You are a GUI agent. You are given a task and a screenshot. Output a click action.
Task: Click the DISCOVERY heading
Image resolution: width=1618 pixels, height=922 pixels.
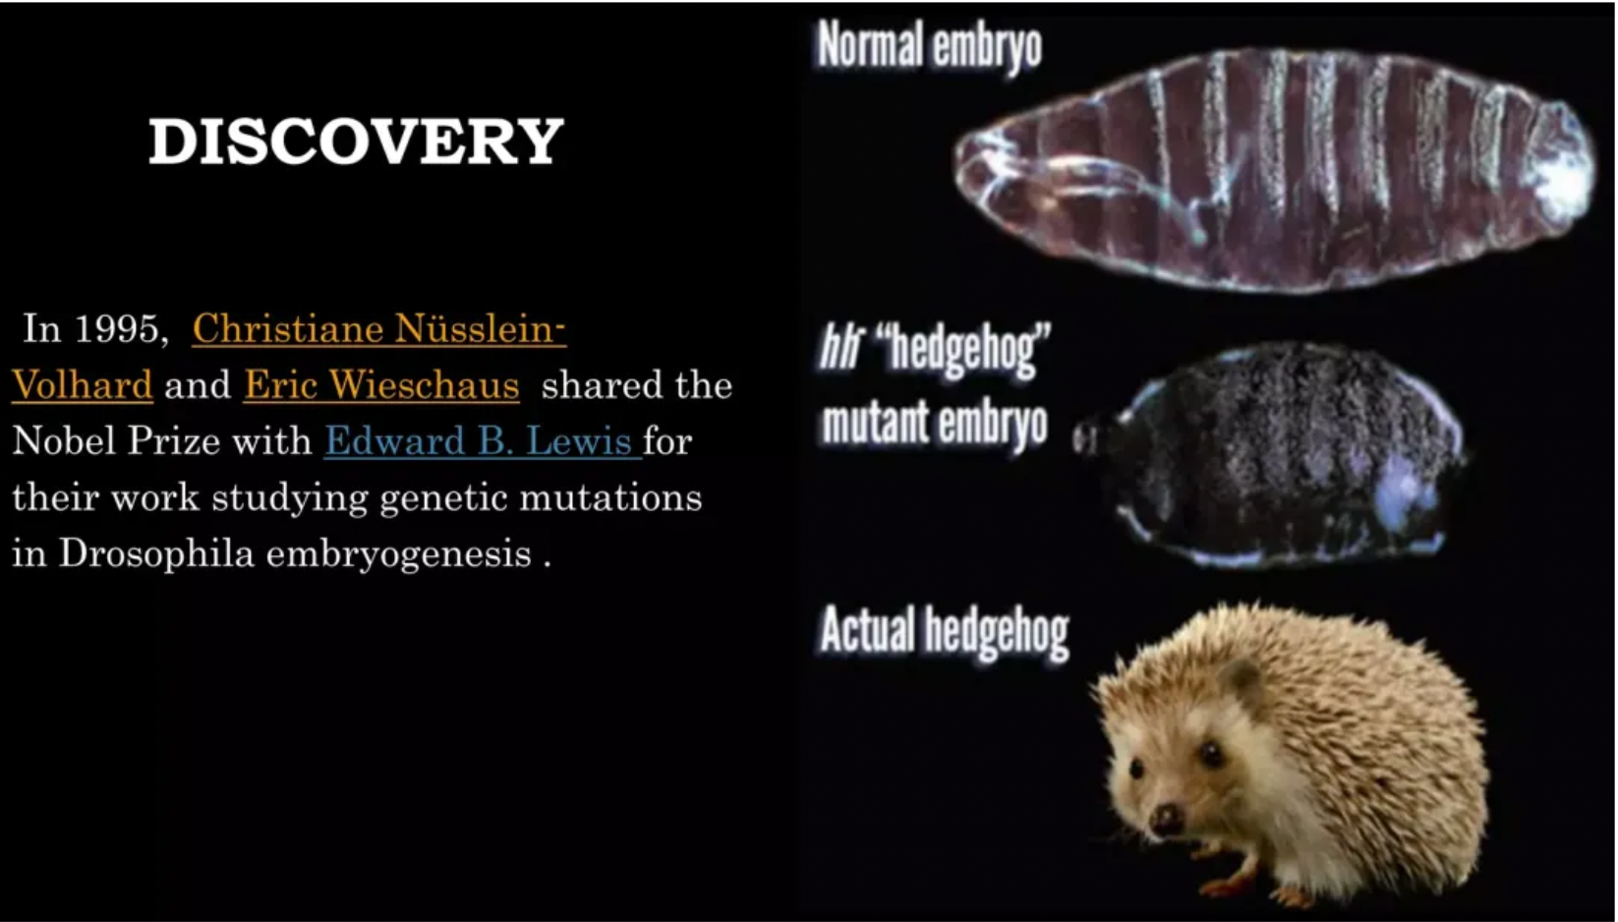tap(356, 141)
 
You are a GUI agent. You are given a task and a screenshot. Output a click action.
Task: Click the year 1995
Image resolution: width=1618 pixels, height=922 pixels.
tap(121, 328)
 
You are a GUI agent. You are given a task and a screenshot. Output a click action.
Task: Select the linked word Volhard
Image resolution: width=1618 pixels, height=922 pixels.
tap(83, 384)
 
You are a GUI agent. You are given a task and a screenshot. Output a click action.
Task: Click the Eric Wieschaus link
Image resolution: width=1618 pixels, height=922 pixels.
tap(381, 384)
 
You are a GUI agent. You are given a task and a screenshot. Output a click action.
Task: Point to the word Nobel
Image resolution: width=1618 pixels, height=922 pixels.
tap(64, 440)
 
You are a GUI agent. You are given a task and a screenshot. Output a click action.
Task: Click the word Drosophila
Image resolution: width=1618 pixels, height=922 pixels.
tap(156, 553)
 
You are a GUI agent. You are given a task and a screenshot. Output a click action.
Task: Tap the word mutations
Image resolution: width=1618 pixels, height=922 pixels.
tap(610, 497)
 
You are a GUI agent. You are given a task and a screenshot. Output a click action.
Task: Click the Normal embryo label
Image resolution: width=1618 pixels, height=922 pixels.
tap(930, 45)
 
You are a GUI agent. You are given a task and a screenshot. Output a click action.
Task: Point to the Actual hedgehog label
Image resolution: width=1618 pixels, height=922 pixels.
tap(944, 631)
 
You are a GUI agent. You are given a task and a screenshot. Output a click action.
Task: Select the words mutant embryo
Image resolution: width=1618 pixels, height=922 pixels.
tap(935, 424)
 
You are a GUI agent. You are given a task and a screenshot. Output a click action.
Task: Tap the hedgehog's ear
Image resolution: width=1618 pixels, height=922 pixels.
tap(1244, 677)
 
